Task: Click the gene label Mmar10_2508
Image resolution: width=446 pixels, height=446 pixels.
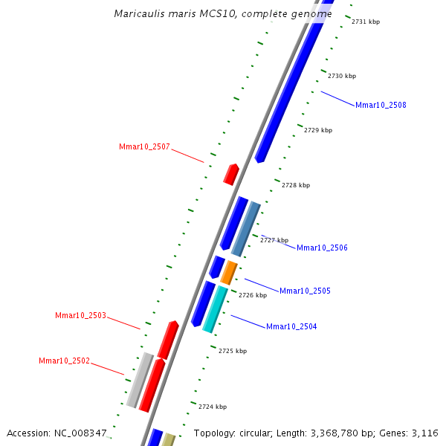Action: click(381, 105)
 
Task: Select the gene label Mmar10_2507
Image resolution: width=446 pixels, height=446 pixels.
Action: click(144, 146)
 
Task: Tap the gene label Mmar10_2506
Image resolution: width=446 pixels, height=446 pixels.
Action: click(322, 248)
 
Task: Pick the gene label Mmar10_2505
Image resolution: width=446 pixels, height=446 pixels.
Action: click(305, 291)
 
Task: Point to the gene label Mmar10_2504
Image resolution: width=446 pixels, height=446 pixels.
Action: click(291, 326)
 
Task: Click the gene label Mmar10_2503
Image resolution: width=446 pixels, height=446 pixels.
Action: click(80, 316)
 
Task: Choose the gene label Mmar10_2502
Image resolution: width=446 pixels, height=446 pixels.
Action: click(64, 361)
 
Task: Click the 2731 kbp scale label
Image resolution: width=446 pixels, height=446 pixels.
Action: click(366, 22)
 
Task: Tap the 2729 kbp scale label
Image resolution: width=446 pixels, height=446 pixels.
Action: click(318, 130)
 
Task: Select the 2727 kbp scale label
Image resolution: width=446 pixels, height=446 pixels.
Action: click(274, 240)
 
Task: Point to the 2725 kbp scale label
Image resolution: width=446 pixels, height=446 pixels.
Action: click(233, 350)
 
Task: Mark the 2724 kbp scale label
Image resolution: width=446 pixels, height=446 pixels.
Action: click(213, 407)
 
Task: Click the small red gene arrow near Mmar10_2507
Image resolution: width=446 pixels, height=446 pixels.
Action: click(231, 175)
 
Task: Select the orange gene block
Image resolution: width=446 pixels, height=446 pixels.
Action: click(229, 272)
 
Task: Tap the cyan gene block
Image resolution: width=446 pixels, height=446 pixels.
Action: click(215, 309)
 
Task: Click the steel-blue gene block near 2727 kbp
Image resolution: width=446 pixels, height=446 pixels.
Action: click(245, 228)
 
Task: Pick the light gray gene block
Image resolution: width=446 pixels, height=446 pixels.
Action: click(139, 380)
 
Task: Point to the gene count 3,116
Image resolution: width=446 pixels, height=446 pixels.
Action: click(427, 433)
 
